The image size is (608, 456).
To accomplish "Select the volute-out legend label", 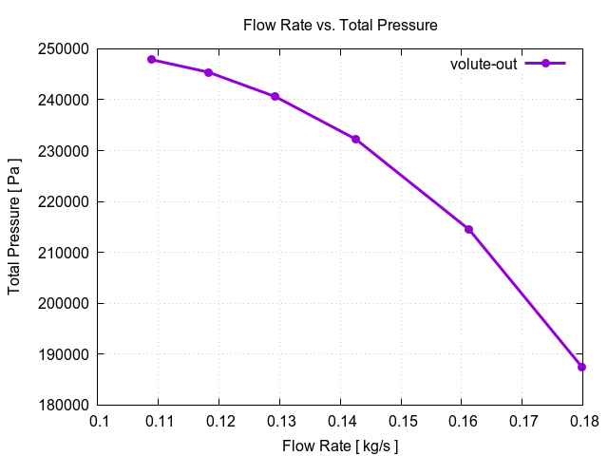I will [483, 64].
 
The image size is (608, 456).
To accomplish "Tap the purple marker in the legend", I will [545, 64].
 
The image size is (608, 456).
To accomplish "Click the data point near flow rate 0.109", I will [152, 59].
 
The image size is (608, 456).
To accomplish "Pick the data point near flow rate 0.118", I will [208, 72].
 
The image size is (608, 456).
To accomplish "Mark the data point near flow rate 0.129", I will [275, 96].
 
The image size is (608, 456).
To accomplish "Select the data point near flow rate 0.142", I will [355, 139].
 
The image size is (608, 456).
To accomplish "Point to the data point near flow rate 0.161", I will [468, 229].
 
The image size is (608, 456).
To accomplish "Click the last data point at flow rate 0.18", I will [581, 367].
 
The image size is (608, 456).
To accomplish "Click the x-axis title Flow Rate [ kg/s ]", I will [340, 445].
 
